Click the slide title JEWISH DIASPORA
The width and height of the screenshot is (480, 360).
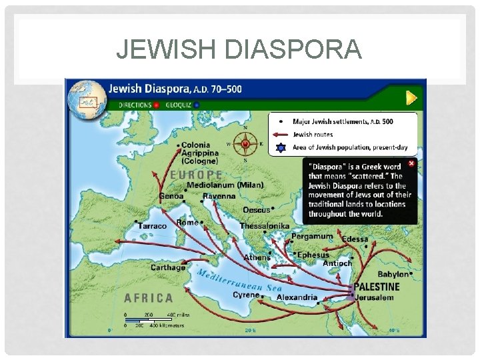coord(239,49)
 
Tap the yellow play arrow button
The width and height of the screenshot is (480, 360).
coord(413,98)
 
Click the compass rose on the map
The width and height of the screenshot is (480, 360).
coord(245,143)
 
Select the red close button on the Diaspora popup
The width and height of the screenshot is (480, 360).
coord(411,163)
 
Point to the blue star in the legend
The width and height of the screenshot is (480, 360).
coord(281,147)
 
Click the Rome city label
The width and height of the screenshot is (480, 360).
coord(187,223)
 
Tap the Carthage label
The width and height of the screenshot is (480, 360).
coord(168,267)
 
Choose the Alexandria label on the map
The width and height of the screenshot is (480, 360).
coord(297,297)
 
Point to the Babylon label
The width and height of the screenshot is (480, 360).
coord(393,274)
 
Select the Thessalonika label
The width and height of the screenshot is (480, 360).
coord(265,226)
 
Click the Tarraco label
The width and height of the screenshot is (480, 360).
coord(152,226)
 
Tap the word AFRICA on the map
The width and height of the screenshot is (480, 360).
coord(149,298)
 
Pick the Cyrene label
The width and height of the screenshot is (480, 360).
coord(246,295)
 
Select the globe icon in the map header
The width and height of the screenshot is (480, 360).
coord(87,96)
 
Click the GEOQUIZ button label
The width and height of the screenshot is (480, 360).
coord(179,105)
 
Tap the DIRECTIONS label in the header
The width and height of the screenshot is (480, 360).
coord(135,105)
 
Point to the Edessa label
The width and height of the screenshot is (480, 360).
coord(355,239)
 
